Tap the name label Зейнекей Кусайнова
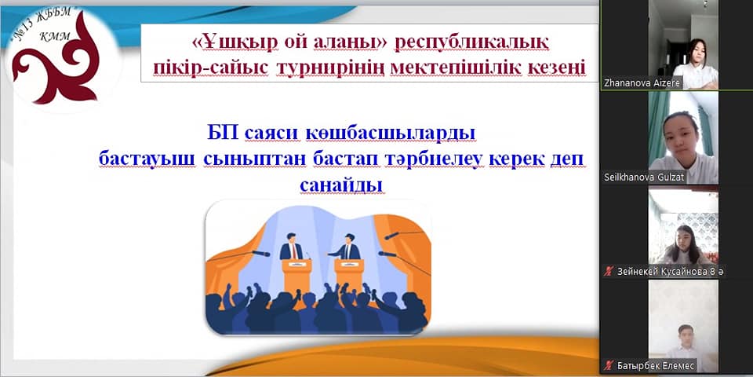tap(664, 272)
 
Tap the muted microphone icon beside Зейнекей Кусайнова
tap(609, 272)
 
